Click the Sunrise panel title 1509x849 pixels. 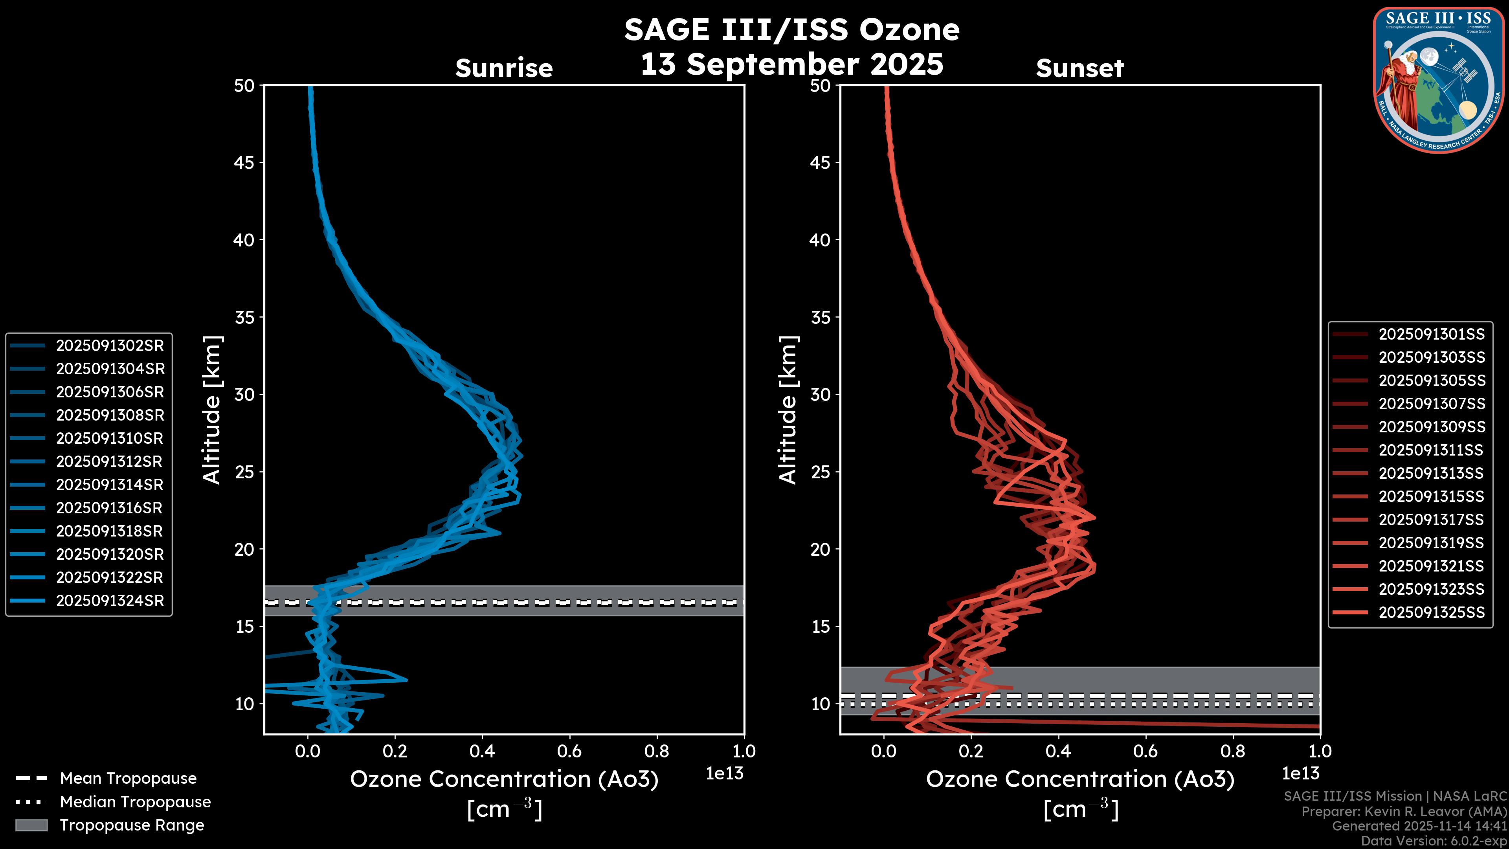pos(504,68)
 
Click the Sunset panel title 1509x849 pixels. pos(1079,68)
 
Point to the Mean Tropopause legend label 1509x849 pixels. pos(128,778)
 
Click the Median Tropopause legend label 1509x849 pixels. pos(135,801)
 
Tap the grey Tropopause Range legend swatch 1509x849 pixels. pos(31,825)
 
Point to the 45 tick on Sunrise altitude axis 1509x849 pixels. pos(244,162)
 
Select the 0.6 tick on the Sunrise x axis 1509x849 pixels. pos(569,751)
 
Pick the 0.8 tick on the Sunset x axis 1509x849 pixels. pos(1232,751)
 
